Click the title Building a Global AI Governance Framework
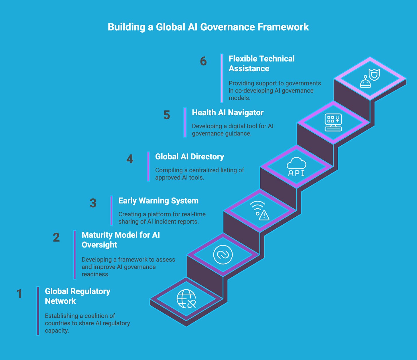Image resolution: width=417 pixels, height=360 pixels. pos(208,27)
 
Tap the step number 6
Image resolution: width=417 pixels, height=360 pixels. pos(203,61)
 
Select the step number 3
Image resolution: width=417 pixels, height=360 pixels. pos(93,203)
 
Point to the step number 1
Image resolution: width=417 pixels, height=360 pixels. pos(19,294)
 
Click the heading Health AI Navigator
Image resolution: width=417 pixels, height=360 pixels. pos(227,112)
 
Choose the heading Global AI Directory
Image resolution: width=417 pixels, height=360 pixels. pos(189,157)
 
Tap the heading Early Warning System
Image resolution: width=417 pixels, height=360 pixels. pos(158,201)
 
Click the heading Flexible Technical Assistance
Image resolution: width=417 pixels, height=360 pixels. pos(261,64)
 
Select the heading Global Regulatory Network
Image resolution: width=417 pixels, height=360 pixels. pos(77,296)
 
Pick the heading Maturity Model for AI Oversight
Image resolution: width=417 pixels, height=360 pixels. pos(121,240)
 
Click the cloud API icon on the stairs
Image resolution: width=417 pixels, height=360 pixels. pos(296,167)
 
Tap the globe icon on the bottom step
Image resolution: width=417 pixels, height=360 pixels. pos(186,299)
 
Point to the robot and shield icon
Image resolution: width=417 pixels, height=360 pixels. pos(370,78)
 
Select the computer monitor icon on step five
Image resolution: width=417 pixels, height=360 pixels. pos(333,123)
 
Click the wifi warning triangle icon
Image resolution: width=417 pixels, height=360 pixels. pos(260,211)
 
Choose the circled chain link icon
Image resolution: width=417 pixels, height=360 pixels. pos(223,255)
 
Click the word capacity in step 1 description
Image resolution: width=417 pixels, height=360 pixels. pos(57,331)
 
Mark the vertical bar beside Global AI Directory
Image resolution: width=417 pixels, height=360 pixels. pos(148,167)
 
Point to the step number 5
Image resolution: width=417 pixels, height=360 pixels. pos(166,115)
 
